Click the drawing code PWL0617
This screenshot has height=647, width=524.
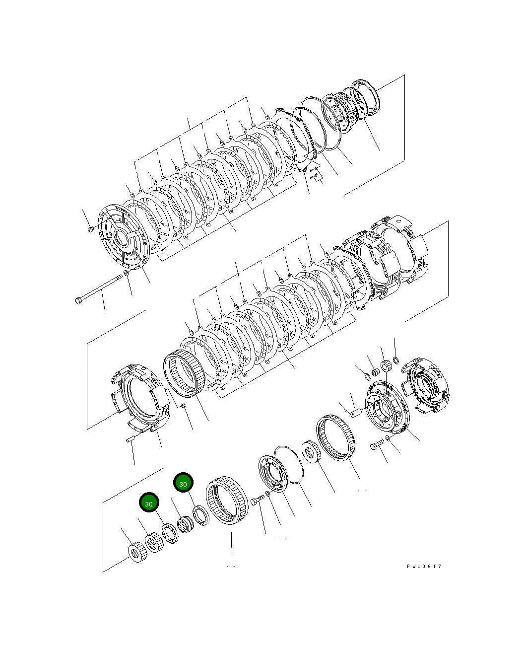click(x=424, y=567)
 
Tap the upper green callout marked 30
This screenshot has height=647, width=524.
click(x=183, y=483)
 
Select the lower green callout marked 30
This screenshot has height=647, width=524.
click(x=149, y=503)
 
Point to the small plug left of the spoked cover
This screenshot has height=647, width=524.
click(x=90, y=229)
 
